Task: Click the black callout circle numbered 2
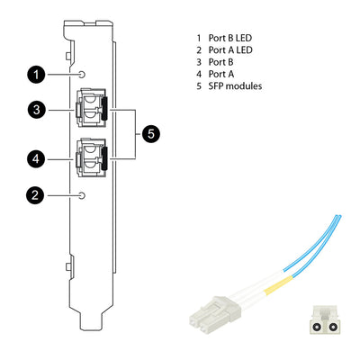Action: click(34, 193)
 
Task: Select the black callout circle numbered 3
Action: click(34, 110)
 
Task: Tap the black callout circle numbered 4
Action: click(34, 157)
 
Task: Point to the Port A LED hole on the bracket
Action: click(83, 194)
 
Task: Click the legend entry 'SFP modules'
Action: click(235, 86)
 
